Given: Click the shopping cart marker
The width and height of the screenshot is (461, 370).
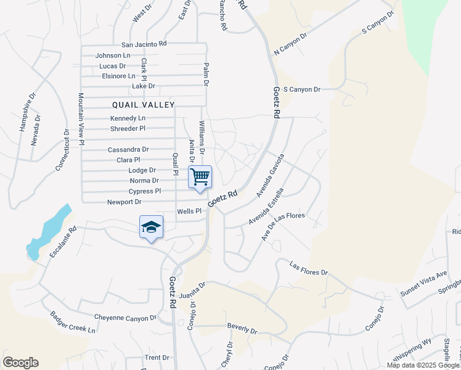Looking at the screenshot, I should [x=200, y=177].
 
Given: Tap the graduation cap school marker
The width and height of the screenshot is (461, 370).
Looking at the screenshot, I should [x=151, y=227].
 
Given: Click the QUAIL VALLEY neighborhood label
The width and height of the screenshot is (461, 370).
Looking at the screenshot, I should [x=144, y=105].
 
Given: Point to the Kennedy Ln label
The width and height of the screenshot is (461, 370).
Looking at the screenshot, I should [x=128, y=118].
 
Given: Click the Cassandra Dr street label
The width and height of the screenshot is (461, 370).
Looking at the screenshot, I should [x=128, y=149].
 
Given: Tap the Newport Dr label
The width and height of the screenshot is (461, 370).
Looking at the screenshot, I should [x=124, y=202].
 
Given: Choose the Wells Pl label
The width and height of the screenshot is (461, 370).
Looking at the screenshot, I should [x=189, y=211].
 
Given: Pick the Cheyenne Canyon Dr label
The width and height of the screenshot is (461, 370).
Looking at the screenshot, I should [x=126, y=318].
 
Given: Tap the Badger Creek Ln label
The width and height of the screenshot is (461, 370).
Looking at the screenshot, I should [x=73, y=321].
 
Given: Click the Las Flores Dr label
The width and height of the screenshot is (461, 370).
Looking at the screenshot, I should [x=309, y=269].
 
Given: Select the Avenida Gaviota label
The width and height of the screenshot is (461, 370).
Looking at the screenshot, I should [x=270, y=176].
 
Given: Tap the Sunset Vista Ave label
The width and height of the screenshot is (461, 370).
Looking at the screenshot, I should [x=424, y=283].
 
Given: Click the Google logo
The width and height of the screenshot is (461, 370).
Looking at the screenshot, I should [x=20, y=363].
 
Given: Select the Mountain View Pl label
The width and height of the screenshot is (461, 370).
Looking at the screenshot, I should [x=81, y=119].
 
